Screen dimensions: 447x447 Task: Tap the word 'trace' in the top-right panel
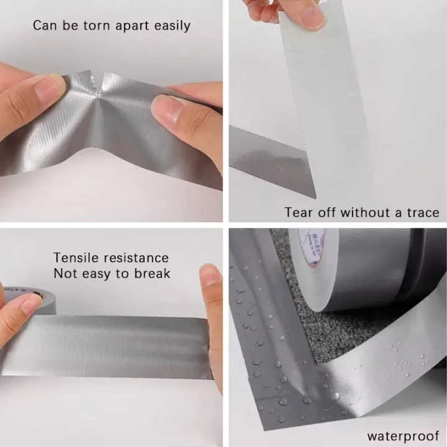tap(422, 212)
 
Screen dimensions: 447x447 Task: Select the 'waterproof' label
tap(403, 436)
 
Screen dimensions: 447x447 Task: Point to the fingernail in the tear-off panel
tap(310, 17)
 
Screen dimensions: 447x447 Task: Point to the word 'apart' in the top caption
tap(135, 26)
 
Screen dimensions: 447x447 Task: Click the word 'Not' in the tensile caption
tap(64, 274)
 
